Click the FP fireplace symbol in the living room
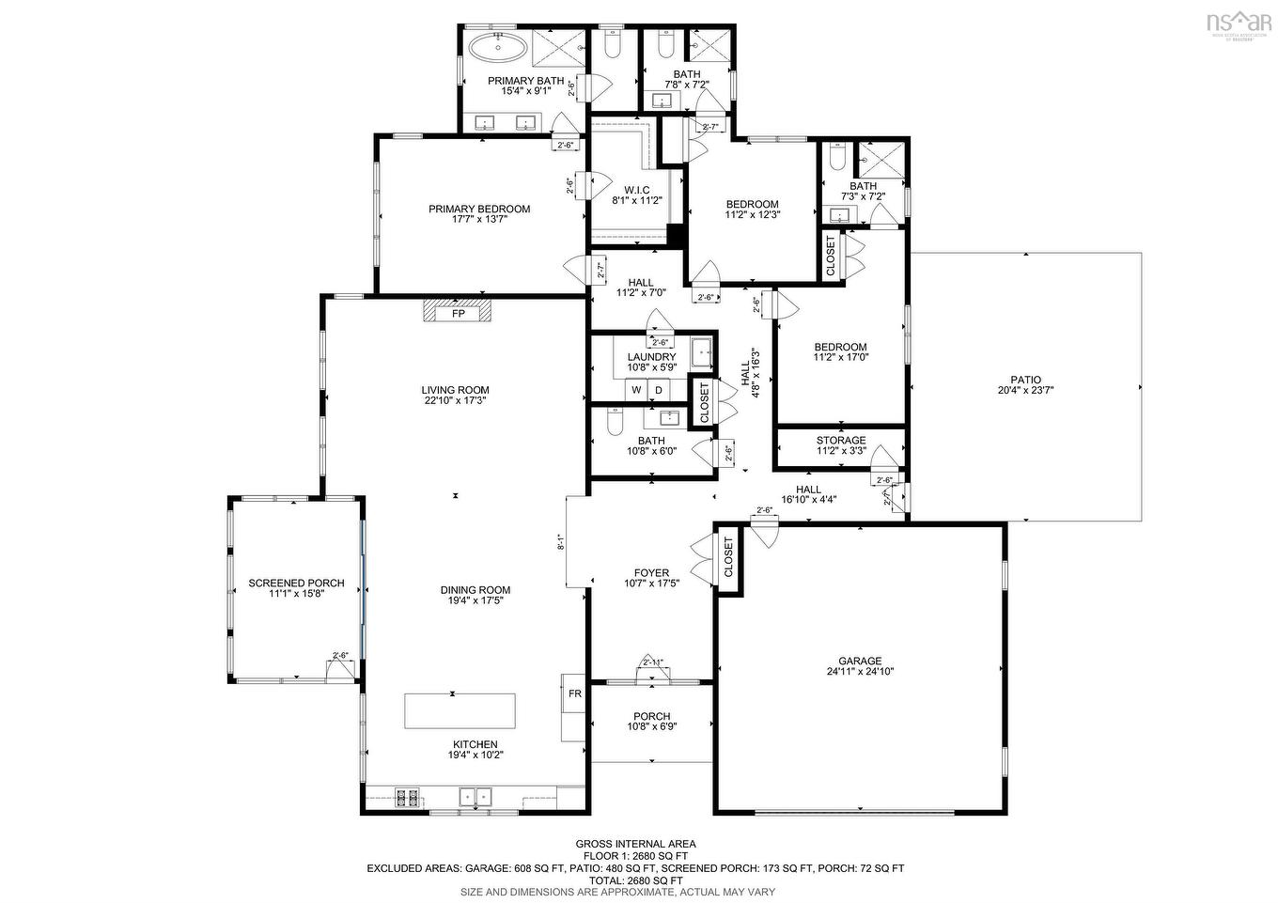(x=458, y=313)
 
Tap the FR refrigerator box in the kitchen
(x=574, y=694)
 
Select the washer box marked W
(x=636, y=390)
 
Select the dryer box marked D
(x=659, y=390)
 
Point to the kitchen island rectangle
(x=460, y=710)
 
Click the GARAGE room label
(x=860, y=661)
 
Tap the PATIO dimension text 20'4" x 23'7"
(x=1025, y=391)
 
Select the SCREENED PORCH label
(x=296, y=583)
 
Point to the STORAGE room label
(x=840, y=440)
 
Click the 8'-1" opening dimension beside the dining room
(x=561, y=541)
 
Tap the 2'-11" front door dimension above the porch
(x=652, y=662)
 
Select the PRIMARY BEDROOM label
(x=479, y=209)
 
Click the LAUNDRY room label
(x=651, y=357)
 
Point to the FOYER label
(x=651, y=572)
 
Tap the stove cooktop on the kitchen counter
(x=407, y=798)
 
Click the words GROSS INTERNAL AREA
(x=635, y=844)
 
